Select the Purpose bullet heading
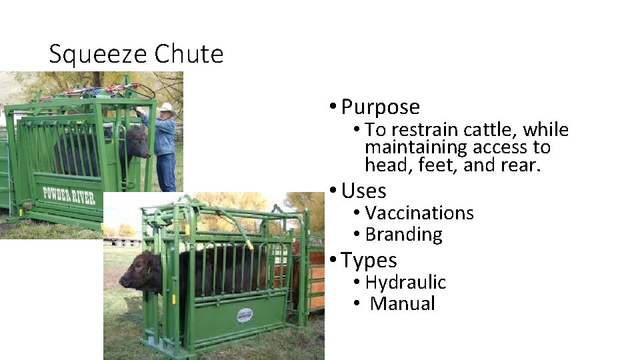(380, 107)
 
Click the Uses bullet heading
(363, 191)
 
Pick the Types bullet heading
(369, 260)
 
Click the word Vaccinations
(419, 213)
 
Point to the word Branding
(403, 235)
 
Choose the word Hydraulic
(405, 283)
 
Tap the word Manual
(403, 304)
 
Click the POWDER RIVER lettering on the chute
(69, 195)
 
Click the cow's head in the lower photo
(141, 273)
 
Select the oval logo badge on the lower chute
(245, 314)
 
